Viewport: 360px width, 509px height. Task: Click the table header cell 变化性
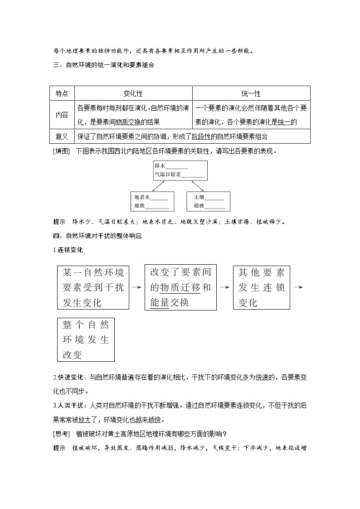click(x=133, y=93)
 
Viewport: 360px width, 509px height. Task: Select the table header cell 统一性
click(x=251, y=93)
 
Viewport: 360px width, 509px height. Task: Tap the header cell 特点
click(x=62, y=93)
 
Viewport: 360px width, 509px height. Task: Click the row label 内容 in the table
click(x=62, y=115)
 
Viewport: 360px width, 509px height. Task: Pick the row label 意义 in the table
click(x=62, y=136)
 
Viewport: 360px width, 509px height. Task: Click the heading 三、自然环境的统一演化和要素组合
click(x=104, y=65)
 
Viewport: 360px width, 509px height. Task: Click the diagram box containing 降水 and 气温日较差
click(x=180, y=171)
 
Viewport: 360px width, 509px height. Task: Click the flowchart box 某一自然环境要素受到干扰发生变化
click(x=93, y=288)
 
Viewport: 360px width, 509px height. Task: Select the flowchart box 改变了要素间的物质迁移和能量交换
click(x=180, y=288)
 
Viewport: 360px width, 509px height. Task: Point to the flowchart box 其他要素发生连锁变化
click(x=262, y=288)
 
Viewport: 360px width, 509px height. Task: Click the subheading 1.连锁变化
click(x=68, y=250)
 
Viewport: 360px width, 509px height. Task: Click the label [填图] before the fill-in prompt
click(x=62, y=151)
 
